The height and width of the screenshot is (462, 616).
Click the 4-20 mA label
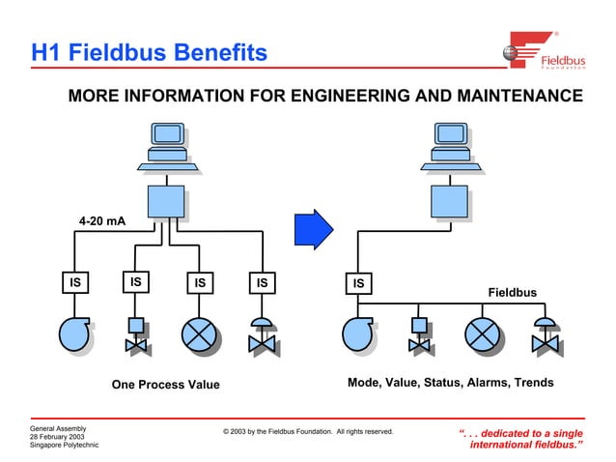[x=102, y=221]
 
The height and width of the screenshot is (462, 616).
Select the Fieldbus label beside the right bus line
[x=512, y=292]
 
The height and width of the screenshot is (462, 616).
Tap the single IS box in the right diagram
[x=358, y=283]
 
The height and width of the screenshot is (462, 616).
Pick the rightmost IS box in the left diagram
[x=261, y=283]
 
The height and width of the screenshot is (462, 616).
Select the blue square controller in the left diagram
[x=167, y=201]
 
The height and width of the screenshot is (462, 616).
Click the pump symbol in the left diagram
[x=74, y=333]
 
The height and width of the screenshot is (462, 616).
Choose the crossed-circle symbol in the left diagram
[x=199, y=333]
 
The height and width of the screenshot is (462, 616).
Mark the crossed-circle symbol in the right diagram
[x=482, y=333]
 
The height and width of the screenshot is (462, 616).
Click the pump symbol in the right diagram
[x=358, y=333]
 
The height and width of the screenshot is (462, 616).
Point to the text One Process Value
[x=166, y=385]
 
